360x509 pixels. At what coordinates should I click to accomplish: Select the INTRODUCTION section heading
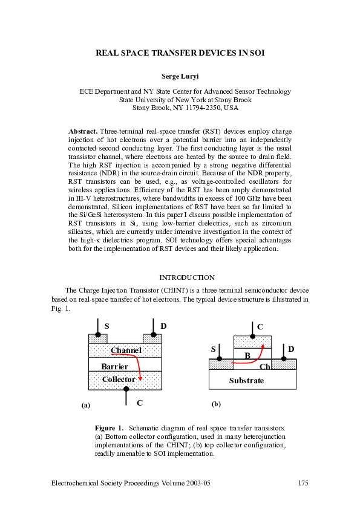[186, 277]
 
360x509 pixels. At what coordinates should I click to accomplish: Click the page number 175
[303, 483]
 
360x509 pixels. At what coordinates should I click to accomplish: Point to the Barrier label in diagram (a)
[114, 366]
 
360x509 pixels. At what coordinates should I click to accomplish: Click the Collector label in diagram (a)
[119, 379]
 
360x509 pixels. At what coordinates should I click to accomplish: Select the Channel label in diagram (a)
[126, 350]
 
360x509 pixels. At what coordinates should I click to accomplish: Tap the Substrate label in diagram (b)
[246, 380]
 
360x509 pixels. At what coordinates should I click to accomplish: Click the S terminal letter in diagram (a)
[106, 326]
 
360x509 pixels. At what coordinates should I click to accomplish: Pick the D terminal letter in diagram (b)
[291, 349]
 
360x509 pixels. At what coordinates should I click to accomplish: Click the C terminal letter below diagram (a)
[140, 403]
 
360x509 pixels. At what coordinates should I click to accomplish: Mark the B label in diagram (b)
[247, 355]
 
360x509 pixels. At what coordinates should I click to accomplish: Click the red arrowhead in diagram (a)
[140, 378]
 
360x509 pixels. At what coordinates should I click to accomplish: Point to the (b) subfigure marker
[215, 403]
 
